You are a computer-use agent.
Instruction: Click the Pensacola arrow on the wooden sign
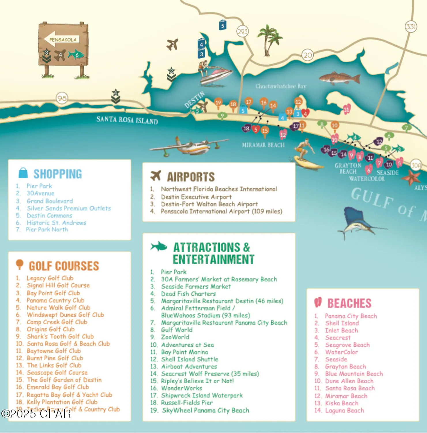(x=61, y=39)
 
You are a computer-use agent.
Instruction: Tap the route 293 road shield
(x=242, y=31)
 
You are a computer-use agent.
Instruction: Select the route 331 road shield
(x=411, y=27)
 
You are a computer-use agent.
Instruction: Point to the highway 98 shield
(x=62, y=98)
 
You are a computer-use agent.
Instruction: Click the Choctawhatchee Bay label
(x=281, y=86)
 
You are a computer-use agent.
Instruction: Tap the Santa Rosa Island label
(x=127, y=120)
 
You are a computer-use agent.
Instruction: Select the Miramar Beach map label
(x=263, y=145)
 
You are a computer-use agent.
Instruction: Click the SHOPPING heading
(x=57, y=174)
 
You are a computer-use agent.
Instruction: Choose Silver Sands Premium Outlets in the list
(x=69, y=208)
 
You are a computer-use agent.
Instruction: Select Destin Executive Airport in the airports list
(x=196, y=197)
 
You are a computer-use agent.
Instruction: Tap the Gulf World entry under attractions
(x=176, y=330)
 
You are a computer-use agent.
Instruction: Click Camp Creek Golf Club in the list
(x=57, y=322)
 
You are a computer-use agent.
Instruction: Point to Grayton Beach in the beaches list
(x=345, y=366)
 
